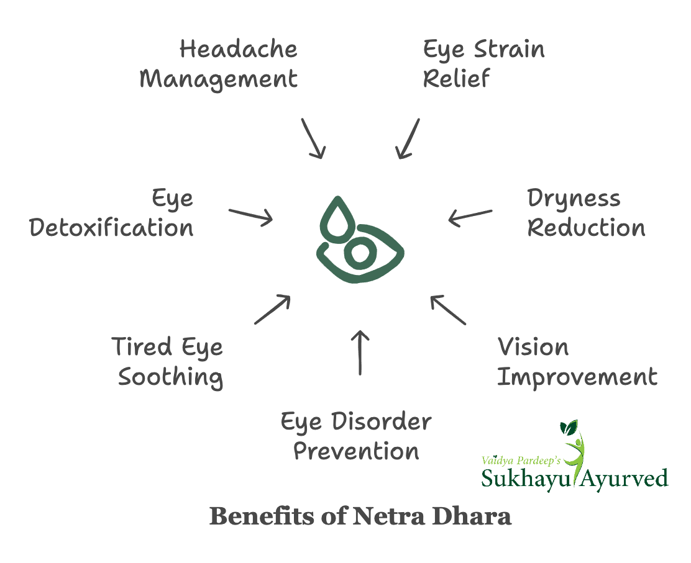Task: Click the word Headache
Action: [239, 50]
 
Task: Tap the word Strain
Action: [510, 50]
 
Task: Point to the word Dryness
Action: [574, 199]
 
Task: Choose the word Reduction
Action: [586, 228]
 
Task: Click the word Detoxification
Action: [112, 228]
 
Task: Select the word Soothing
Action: [170, 377]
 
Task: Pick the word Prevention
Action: [356, 452]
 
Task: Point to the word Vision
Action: [533, 347]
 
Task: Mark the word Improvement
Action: [577, 377]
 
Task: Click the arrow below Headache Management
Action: [313, 137]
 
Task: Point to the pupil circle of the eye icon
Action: [359, 253]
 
